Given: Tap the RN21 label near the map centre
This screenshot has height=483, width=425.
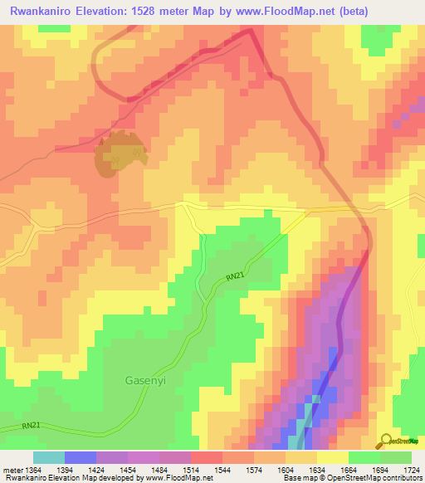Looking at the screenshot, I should click(235, 277).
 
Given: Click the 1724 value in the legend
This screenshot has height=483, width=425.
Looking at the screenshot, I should click(412, 470).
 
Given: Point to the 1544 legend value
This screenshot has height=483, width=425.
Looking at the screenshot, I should click(222, 470).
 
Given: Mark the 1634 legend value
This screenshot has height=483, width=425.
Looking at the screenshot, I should click(317, 470).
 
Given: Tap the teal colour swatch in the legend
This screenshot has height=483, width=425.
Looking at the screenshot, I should click(48, 457).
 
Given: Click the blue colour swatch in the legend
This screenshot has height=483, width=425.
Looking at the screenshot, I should click(80, 457).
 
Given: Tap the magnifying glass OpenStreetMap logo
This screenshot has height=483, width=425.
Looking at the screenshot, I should click(384, 440).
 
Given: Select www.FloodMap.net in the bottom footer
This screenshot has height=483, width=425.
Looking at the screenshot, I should click(167, 479).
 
